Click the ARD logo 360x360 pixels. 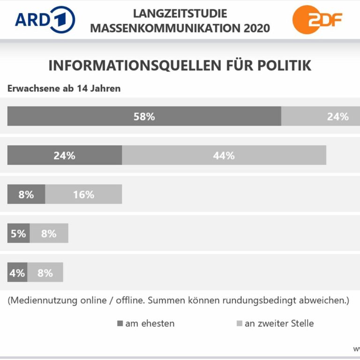(x=45, y=20)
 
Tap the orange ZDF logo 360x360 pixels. (x=317, y=20)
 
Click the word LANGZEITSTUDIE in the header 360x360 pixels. (x=180, y=13)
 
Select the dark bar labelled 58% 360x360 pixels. (x=144, y=116)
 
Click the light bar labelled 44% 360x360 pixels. (x=224, y=155)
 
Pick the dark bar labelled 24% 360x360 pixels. (x=65, y=155)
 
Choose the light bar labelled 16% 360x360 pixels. (x=83, y=194)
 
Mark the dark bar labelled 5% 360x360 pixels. (x=18, y=233)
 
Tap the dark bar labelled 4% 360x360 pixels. (x=17, y=272)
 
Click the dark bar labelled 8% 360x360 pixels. (x=26, y=194)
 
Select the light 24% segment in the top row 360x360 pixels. (x=328, y=116)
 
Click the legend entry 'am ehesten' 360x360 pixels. (x=145, y=323)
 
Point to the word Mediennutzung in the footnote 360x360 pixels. (x=39, y=300)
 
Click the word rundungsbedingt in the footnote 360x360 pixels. (x=249, y=300)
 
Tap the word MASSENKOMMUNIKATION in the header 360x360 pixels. (x=165, y=28)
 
